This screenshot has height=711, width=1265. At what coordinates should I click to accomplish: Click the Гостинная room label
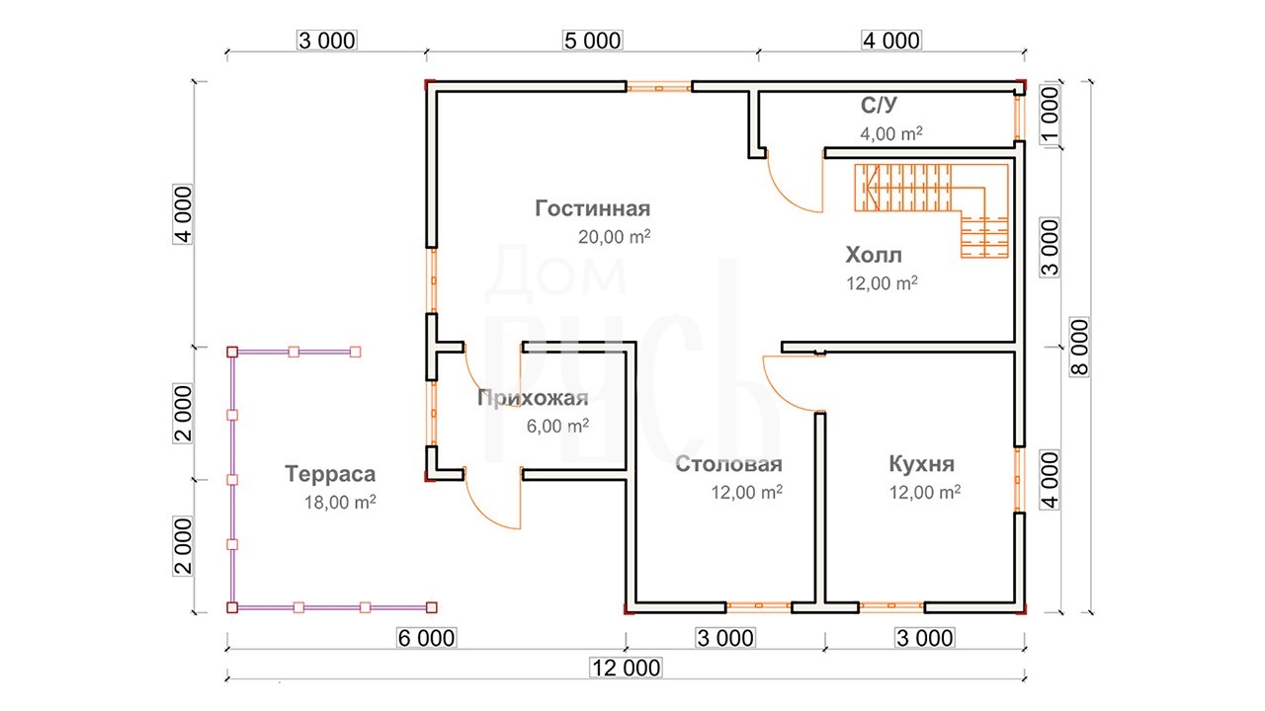click(592, 208)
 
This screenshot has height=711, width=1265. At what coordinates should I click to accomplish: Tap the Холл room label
click(874, 255)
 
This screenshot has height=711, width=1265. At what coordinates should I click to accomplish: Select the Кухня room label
click(922, 464)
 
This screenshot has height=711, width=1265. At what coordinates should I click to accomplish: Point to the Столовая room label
click(728, 464)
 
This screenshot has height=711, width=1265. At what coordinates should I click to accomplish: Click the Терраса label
click(330, 474)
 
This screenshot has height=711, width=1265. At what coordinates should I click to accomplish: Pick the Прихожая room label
click(533, 398)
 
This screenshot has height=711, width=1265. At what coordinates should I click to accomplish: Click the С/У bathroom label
click(879, 105)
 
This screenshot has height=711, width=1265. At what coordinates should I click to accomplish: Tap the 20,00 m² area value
click(614, 236)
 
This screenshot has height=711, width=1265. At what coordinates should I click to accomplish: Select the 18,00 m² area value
click(340, 502)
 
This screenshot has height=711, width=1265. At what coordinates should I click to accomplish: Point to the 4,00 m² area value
click(891, 133)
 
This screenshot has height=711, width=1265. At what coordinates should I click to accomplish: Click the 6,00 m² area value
click(557, 426)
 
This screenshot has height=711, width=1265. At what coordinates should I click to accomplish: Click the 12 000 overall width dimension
click(626, 669)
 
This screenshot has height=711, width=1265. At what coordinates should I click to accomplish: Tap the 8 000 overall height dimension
click(1079, 347)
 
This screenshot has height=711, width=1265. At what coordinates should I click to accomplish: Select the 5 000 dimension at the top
click(593, 40)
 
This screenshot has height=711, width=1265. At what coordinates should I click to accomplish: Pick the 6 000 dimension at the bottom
click(426, 638)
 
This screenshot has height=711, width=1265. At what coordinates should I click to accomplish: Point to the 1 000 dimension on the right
click(1050, 114)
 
